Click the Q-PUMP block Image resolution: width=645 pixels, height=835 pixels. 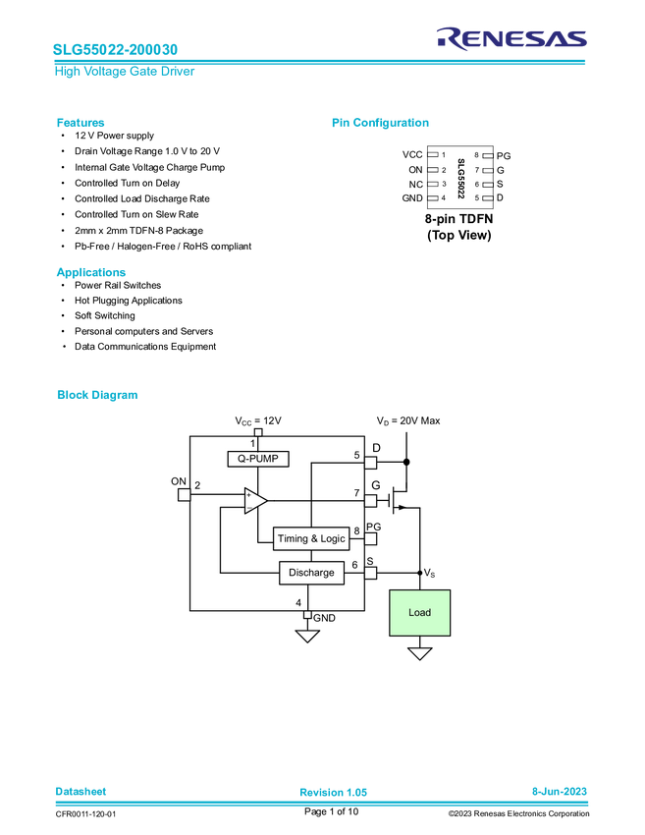258,459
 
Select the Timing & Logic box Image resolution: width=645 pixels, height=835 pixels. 310,539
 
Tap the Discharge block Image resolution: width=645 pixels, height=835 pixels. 311,573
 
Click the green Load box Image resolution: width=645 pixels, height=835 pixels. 420,613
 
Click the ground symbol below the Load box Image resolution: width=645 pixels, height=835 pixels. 420,653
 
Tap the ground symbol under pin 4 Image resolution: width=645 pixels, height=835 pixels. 307,636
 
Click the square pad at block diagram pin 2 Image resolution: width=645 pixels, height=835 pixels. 185,494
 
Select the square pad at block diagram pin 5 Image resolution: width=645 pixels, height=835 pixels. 370,463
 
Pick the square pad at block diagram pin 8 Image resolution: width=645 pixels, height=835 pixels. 370,538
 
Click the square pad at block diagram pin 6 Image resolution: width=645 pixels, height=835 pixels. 370,572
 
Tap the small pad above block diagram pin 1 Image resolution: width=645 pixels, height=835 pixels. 258,431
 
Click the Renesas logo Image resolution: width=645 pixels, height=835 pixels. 511,37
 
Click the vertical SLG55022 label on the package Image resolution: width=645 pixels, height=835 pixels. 460,177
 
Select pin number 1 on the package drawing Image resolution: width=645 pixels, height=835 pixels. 444,155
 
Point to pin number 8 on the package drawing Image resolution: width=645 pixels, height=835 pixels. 476,155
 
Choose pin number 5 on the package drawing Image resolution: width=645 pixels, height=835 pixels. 476,197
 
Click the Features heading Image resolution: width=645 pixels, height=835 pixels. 81,124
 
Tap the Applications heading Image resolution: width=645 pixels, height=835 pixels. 90,273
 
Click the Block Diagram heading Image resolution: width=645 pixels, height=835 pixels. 97,396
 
